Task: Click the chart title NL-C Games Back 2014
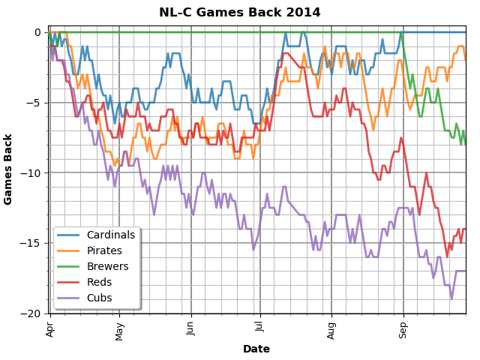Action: tap(239, 13)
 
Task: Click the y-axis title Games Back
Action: tap(9, 169)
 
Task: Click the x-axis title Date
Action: tap(256, 349)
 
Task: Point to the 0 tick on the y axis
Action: tap(37, 32)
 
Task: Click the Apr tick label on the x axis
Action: tap(50, 328)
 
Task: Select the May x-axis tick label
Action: tap(118, 329)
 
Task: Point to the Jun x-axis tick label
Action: tap(190, 328)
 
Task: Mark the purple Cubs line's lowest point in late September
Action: tap(451, 299)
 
